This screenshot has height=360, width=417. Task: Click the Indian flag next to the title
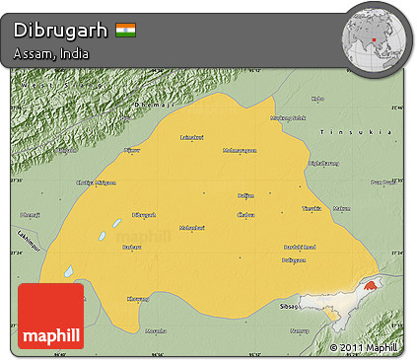(125, 29)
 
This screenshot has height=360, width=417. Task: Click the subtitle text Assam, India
(52, 53)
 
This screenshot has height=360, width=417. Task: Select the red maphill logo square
(51, 317)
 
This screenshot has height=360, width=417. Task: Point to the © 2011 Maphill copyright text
(366, 347)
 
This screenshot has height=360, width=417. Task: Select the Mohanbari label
(190, 229)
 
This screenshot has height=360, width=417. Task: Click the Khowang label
(138, 298)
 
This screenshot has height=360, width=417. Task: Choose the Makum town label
(341, 208)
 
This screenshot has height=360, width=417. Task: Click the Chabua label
(246, 213)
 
